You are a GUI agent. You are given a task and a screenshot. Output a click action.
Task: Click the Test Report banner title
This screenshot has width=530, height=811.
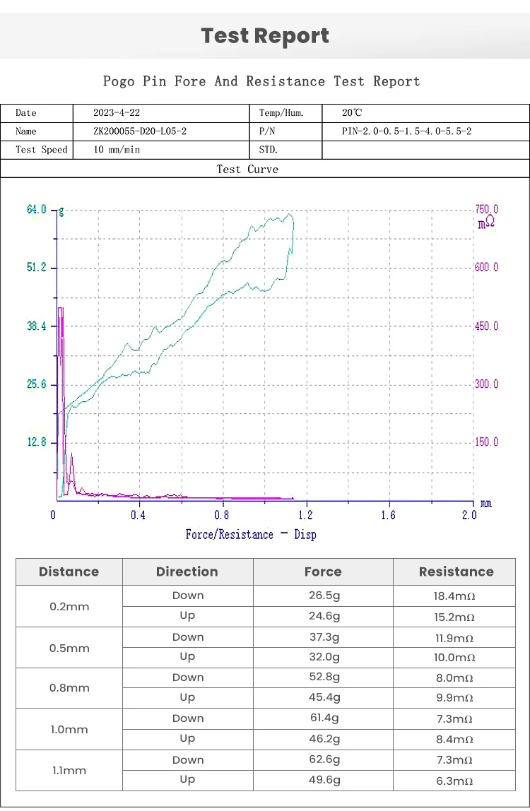click(265, 36)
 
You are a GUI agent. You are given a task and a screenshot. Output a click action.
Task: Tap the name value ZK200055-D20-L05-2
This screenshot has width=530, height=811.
click(140, 131)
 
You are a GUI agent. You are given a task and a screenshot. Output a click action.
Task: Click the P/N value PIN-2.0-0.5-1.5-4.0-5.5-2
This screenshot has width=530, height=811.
click(406, 131)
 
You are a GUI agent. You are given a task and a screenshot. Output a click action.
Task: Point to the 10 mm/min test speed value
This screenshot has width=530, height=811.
click(117, 150)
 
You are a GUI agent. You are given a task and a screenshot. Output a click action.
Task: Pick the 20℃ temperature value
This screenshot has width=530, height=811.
click(352, 113)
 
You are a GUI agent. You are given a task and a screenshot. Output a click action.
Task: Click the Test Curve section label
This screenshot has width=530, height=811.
click(247, 170)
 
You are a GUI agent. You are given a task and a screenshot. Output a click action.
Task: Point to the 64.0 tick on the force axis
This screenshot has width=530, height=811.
click(37, 210)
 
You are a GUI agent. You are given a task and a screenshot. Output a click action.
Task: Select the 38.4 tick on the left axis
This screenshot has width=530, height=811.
click(37, 326)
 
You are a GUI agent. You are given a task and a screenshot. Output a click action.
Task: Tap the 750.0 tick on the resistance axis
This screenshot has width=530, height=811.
click(486, 210)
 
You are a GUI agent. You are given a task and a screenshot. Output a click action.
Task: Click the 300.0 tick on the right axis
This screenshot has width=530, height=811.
click(486, 384)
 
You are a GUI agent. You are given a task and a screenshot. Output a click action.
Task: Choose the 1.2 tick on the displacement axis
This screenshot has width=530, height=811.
click(305, 515)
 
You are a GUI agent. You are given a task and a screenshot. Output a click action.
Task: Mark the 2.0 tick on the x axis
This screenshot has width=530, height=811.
click(469, 515)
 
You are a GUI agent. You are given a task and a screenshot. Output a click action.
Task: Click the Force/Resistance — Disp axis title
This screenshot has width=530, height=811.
click(251, 534)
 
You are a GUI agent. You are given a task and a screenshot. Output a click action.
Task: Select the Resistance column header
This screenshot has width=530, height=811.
click(456, 572)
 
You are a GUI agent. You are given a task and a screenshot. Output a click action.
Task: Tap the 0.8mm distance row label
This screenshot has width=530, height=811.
click(69, 688)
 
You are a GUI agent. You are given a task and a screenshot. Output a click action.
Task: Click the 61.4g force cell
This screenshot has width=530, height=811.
click(323, 718)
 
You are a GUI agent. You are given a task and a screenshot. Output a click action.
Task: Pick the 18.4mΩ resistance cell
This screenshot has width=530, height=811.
click(454, 596)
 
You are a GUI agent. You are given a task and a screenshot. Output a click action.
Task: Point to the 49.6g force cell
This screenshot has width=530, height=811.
click(323, 780)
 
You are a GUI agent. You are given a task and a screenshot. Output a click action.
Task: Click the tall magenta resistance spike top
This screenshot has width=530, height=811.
click(61, 309)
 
